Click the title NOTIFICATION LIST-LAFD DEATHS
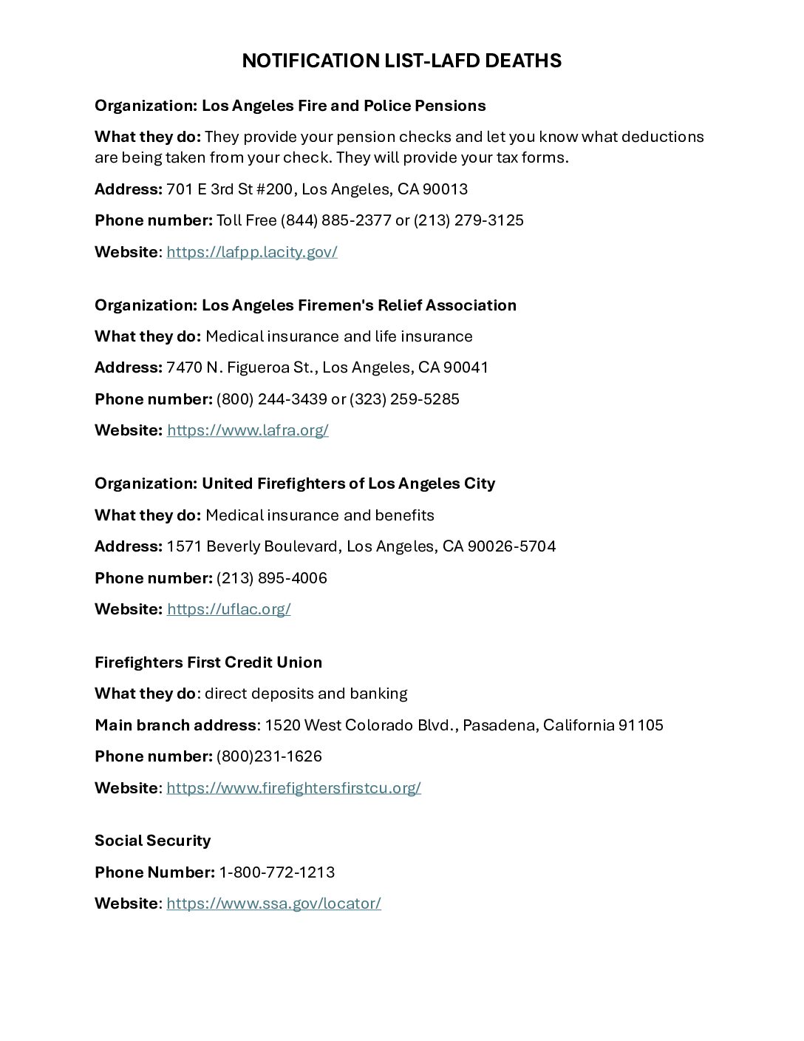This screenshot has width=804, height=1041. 401,61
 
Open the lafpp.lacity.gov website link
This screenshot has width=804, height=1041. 252,252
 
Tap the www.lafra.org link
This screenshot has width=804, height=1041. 248,430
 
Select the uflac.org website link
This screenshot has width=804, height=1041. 228,609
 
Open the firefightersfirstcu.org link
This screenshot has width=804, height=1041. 293,788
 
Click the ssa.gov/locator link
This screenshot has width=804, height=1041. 273,903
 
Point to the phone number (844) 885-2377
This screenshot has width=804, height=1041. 336,220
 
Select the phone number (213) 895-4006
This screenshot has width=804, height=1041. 272,578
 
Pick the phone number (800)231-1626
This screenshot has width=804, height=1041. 269,756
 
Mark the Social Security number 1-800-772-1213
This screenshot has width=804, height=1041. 277,872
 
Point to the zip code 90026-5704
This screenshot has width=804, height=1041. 511,546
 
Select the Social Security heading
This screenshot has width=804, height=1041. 152,841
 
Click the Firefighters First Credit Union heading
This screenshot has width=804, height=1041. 208,662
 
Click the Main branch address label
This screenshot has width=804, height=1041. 175,725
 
